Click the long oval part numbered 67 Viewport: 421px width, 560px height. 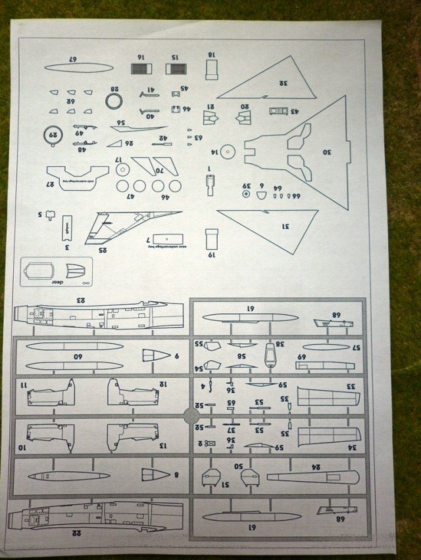[78, 66]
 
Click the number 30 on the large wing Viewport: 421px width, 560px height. [327, 152]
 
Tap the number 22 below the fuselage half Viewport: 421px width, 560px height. [76, 533]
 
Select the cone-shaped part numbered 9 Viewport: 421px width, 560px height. [156, 355]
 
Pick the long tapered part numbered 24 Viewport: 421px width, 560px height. [312, 477]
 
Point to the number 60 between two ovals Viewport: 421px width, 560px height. [77, 357]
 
